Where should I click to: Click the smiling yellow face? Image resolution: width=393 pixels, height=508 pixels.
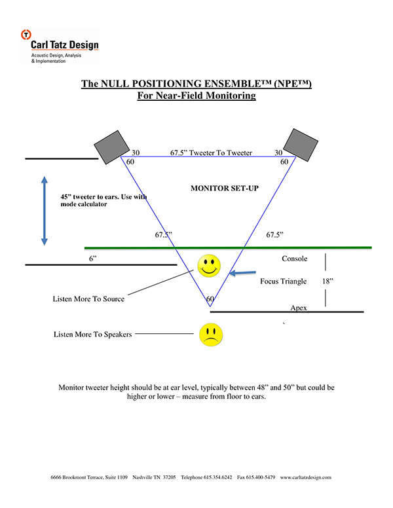209,266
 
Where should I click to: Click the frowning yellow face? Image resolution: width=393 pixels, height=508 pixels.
211,335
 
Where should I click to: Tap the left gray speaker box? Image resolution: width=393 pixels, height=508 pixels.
111,147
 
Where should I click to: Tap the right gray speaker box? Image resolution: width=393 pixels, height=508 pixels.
301,145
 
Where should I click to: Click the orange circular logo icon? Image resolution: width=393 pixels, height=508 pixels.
26,34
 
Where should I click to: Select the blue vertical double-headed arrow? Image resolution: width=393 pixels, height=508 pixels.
45,211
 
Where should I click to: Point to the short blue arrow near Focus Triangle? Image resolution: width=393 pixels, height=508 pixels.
242,273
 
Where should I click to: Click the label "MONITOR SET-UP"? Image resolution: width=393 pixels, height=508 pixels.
225,189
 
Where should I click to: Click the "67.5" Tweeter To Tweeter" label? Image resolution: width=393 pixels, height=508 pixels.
211,153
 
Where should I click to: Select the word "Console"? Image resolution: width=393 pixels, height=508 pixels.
295,259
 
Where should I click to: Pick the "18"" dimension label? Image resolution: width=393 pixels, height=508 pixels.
327,281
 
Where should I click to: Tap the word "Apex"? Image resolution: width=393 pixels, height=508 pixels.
299,308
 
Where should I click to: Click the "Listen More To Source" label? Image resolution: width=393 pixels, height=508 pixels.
88,299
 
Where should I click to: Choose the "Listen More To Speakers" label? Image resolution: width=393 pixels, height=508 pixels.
93,335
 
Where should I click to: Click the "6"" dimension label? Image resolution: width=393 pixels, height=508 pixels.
93,259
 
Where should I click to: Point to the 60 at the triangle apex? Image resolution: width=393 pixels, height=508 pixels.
210,299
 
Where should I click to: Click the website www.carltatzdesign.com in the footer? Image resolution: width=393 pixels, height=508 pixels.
306,477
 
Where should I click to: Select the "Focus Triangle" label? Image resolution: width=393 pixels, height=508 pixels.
284,281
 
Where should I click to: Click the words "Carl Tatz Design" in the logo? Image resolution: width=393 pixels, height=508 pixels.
65,45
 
